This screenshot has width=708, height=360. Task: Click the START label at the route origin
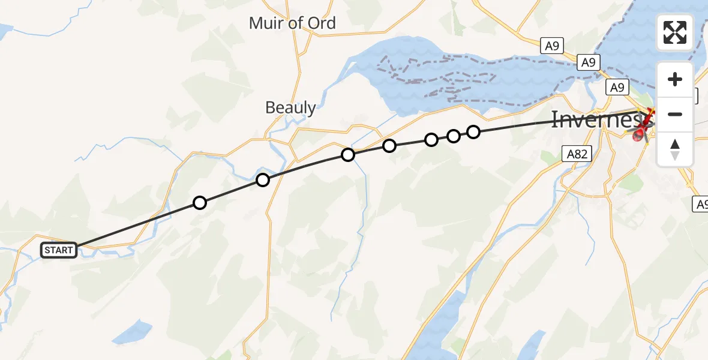point(59,250)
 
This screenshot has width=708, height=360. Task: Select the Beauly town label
point(290,108)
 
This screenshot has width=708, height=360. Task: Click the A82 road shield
point(577,154)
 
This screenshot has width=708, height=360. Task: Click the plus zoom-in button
point(675,79)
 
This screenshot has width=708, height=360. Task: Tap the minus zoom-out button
point(675,114)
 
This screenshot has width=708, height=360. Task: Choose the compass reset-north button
point(675,149)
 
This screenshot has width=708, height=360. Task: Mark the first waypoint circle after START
point(200,203)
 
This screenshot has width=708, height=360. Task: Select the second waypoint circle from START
point(263,180)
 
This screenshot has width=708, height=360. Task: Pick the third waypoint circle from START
point(348,155)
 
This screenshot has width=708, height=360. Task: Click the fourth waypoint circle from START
point(389,146)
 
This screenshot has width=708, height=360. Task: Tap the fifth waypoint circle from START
point(431,140)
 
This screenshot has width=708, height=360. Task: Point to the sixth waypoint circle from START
point(454,136)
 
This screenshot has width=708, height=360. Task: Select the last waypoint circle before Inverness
point(473,132)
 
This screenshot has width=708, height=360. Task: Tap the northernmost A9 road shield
point(553,46)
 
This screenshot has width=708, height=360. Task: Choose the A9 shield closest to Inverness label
point(617,88)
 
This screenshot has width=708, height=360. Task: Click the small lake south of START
point(134,331)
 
